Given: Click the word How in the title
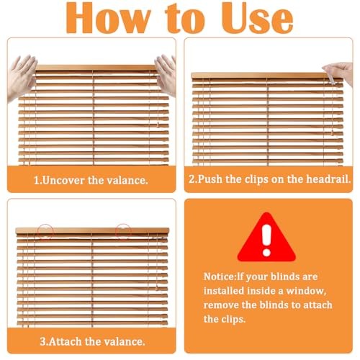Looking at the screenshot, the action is click(108, 18).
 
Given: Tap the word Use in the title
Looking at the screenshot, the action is click(257, 18).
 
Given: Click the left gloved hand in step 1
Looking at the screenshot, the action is click(22, 78).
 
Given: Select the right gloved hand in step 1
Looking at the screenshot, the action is click(166, 74).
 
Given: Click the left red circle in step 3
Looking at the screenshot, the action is click(45, 232).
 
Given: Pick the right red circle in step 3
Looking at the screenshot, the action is click(123, 232).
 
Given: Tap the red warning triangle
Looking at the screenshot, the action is click(266, 237).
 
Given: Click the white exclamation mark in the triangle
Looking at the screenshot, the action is click(266, 240).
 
